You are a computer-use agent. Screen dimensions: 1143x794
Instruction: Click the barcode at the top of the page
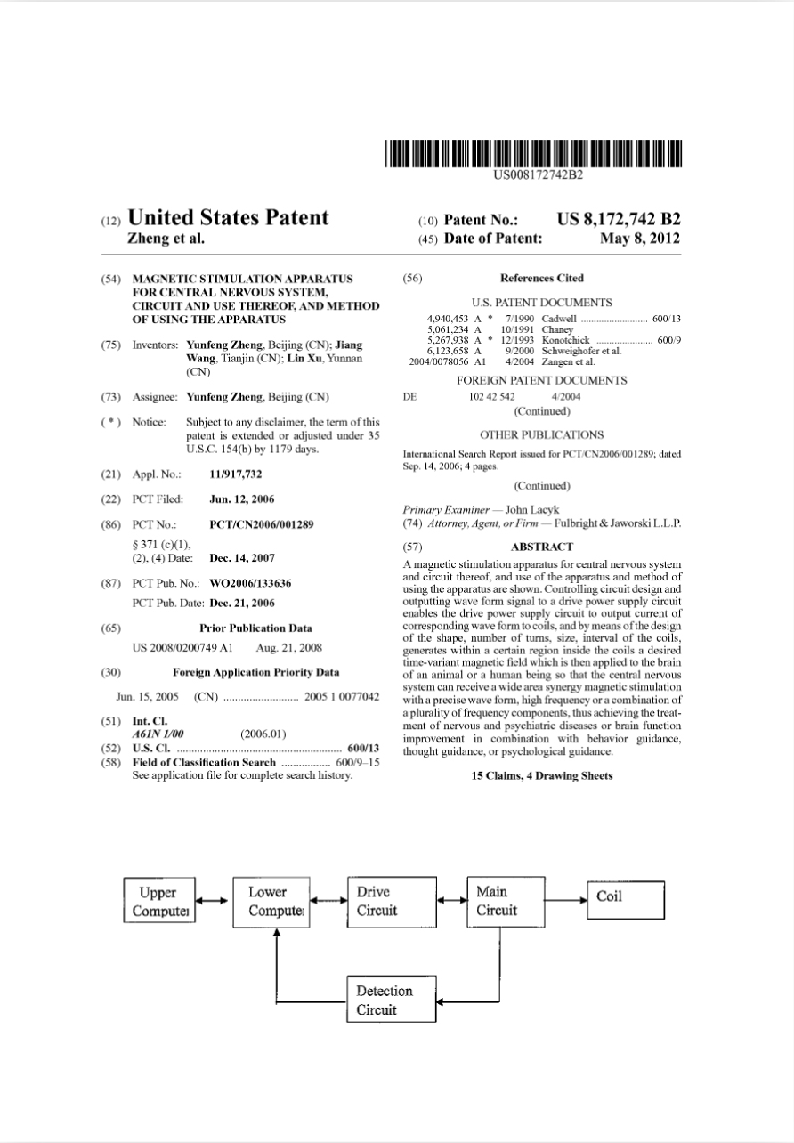click(533, 153)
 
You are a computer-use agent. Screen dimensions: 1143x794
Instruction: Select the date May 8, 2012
click(640, 239)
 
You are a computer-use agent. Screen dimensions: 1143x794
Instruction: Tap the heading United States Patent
click(229, 218)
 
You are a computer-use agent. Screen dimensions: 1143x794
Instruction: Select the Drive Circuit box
click(385, 901)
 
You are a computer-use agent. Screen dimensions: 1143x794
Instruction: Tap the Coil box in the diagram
click(625, 897)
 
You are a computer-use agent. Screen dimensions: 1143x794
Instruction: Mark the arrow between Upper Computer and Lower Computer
click(214, 901)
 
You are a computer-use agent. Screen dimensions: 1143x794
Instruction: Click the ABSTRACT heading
click(542, 547)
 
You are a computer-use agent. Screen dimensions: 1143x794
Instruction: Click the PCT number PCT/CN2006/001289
click(261, 524)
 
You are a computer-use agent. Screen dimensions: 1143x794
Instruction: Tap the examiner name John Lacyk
click(532, 510)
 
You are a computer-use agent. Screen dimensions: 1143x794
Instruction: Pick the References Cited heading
click(542, 279)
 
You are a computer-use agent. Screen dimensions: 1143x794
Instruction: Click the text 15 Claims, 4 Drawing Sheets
click(542, 775)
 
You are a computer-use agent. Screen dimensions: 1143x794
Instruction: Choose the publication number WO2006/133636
click(250, 583)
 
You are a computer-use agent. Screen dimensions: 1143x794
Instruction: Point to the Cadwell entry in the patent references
click(559, 319)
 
